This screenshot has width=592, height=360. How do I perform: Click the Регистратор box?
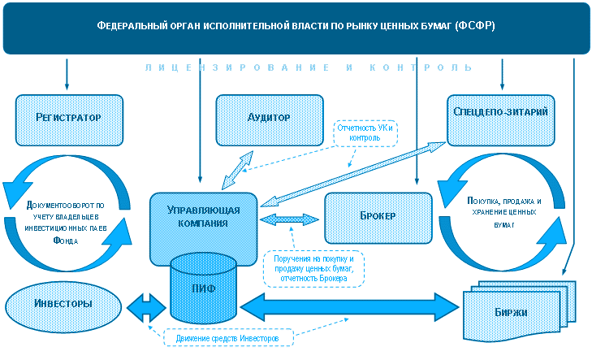69,120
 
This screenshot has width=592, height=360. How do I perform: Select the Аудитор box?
270,120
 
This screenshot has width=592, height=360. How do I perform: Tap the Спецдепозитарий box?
500,120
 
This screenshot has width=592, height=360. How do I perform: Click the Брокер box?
378,218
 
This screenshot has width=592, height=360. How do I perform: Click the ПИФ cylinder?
204,288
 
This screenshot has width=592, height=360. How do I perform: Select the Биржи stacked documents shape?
520,310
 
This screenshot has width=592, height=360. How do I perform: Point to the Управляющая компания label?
204,216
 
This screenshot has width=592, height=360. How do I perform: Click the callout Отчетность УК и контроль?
365,133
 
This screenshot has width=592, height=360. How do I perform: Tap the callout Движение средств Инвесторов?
228,338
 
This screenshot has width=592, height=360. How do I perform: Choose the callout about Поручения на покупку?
313,269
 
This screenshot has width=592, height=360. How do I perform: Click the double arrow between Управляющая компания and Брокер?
290,219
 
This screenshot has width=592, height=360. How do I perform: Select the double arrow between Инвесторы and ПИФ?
146,308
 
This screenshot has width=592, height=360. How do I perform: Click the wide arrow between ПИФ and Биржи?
350,306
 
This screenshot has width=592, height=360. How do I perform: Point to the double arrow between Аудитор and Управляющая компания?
237,170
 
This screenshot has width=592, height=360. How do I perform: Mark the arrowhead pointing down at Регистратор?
67,86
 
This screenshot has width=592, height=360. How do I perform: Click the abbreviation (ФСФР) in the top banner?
474,25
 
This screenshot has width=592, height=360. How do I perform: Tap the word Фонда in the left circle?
66,241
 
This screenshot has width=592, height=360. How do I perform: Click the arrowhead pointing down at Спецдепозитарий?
502,86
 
